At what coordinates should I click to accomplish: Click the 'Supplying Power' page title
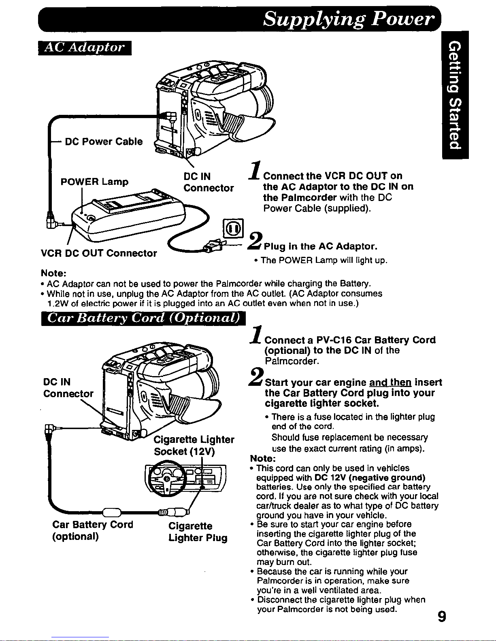[x=348, y=19]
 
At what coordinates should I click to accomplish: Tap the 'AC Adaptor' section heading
[x=85, y=48]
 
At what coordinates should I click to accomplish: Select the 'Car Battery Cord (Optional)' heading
[x=143, y=319]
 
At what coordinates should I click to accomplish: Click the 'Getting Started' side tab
[x=455, y=95]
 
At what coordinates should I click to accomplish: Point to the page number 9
[x=442, y=616]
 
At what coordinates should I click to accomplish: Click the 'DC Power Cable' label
[x=104, y=142]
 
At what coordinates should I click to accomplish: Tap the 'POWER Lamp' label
[x=94, y=182]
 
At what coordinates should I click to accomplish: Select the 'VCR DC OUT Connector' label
[x=99, y=253]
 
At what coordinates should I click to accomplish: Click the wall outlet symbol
[x=233, y=228]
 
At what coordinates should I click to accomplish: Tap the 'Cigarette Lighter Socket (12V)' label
[x=194, y=445]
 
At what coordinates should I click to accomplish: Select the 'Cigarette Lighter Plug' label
[x=198, y=532]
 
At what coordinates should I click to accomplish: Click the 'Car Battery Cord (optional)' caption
[x=93, y=530]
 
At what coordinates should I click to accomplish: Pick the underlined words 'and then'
[x=390, y=383]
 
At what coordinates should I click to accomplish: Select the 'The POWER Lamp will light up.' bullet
[x=321, y=260]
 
